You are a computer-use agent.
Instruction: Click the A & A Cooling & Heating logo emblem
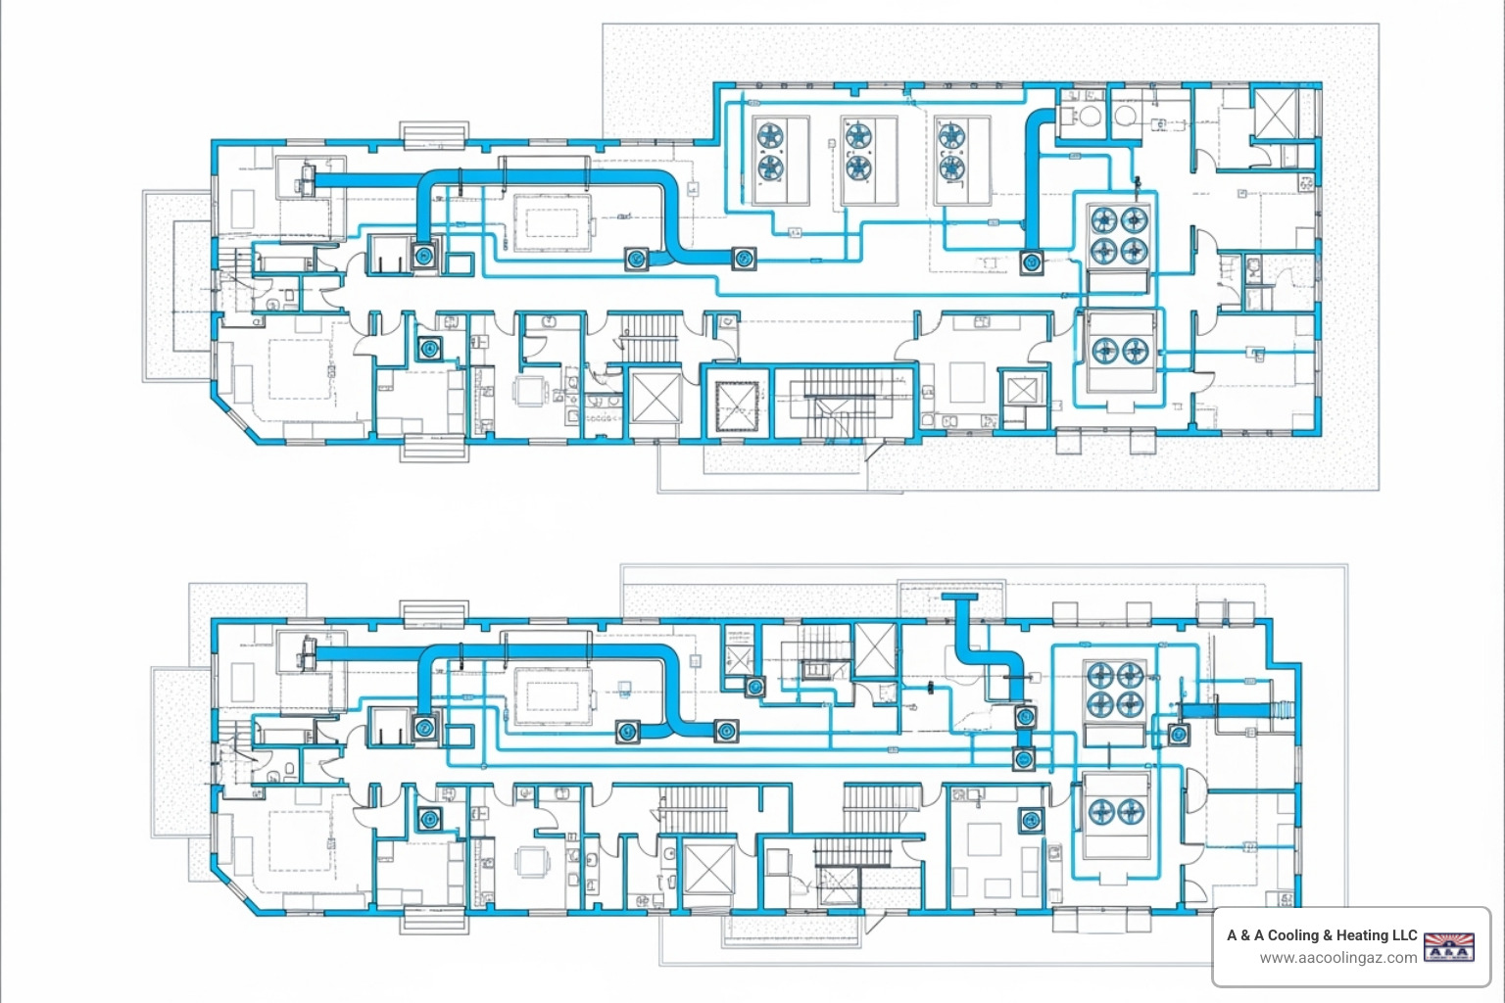[x=1448, y=947]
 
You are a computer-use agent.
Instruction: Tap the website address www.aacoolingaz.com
[x=1337, y=958]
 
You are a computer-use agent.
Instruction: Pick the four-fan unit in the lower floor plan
[x=1115, y=690]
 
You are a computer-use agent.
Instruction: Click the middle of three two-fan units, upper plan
[x=869, y=161]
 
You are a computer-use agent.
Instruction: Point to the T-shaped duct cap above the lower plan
[x=959, y=597]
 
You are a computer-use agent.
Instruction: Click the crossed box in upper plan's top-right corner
[x=1275, y=113]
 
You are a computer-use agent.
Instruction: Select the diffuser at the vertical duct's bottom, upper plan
[x=1032, y=262]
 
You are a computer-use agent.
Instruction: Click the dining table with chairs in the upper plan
[x=531, y=391]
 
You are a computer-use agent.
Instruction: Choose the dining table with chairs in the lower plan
[x=531, y=861]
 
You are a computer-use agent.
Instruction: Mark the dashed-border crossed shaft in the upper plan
[x=737, y=406]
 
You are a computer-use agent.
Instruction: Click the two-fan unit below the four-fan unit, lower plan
[x=1116, y=815]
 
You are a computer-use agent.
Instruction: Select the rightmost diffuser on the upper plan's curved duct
[x=744, y=258]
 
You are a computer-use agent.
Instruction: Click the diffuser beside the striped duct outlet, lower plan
[x=1179, y=735]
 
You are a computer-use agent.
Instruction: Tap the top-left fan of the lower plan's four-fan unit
[x=1100, y=675]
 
